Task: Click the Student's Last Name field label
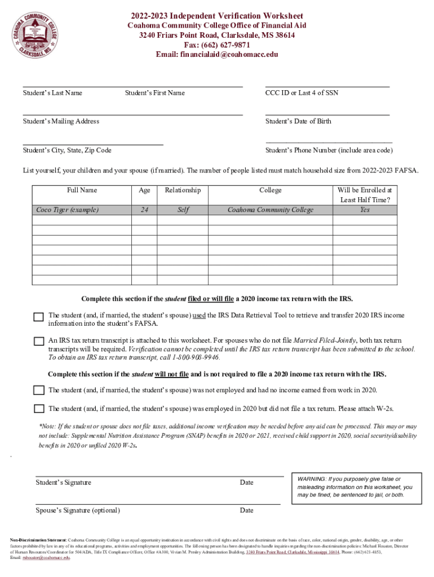pos(52,93)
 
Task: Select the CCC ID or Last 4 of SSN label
pos(302,93)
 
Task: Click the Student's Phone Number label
pos(329,150)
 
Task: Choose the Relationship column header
pos(183,190)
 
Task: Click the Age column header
pos(144,190)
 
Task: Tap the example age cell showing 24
pos(144,210)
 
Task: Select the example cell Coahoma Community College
pos(270,210)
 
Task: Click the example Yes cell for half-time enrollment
pos(365,210)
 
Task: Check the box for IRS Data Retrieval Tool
pos(38,317)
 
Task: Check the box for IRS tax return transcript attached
pos(38,341)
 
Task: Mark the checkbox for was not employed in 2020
pos(38,390)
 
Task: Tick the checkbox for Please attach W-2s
pos(38,409)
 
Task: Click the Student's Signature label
pos(64,482)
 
